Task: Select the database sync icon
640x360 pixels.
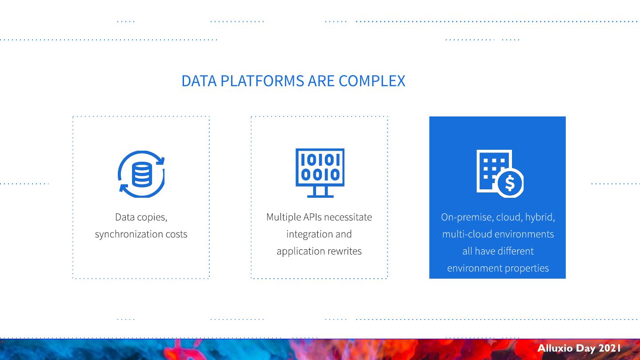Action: pos(141,174)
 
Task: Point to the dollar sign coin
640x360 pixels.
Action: pos(510,183)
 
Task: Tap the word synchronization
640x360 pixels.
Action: pos(129,234)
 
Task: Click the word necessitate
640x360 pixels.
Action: pos(348,217)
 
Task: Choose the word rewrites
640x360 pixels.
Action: pos(344,251)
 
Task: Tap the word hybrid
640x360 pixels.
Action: pos(540,217)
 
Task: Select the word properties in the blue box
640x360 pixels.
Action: pos(527,268)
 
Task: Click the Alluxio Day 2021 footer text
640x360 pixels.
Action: pos(579,348)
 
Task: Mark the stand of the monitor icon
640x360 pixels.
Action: pos(320,192)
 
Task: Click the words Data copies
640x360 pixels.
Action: pos(141,217)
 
